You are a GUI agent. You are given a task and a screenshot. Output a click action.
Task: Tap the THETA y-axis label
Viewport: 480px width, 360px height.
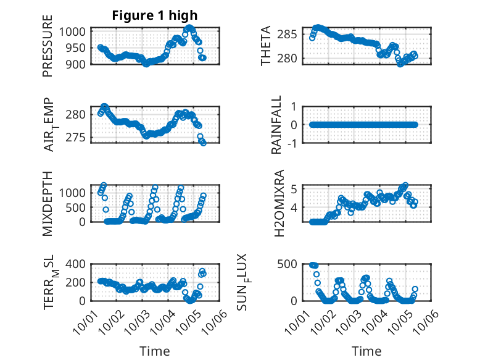266,46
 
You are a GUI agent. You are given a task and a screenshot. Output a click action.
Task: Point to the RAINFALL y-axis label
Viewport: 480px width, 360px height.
277,125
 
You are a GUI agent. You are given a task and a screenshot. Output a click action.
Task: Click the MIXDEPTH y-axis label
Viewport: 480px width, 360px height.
48,203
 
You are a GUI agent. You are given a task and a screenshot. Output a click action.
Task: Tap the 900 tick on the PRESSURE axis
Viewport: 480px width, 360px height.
78,64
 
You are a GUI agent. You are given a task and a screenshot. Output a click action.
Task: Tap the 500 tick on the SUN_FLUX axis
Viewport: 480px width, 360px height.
294,264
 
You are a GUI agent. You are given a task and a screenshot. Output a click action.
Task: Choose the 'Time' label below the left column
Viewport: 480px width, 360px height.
154,351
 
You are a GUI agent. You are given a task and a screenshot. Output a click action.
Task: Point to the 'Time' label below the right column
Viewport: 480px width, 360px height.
366,351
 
